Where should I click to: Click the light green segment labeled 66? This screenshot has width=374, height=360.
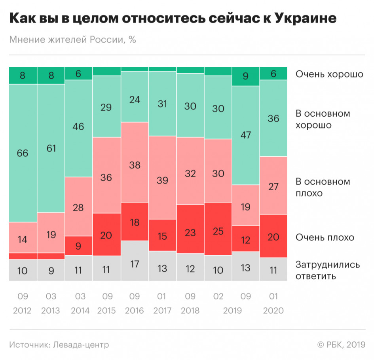[23, 153]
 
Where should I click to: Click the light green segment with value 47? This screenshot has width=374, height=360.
[246, 135]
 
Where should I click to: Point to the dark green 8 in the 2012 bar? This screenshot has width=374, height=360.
[23, 76]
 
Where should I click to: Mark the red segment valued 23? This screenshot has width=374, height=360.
[190, 231]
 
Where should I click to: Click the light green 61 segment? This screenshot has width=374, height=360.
[51, 148]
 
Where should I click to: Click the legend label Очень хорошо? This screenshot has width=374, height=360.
[329, 74]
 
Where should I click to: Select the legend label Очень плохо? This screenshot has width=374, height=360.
[325, 237]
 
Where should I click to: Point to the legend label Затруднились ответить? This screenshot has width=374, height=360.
[328, 270]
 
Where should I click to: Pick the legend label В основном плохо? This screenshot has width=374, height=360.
[323, 188]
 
